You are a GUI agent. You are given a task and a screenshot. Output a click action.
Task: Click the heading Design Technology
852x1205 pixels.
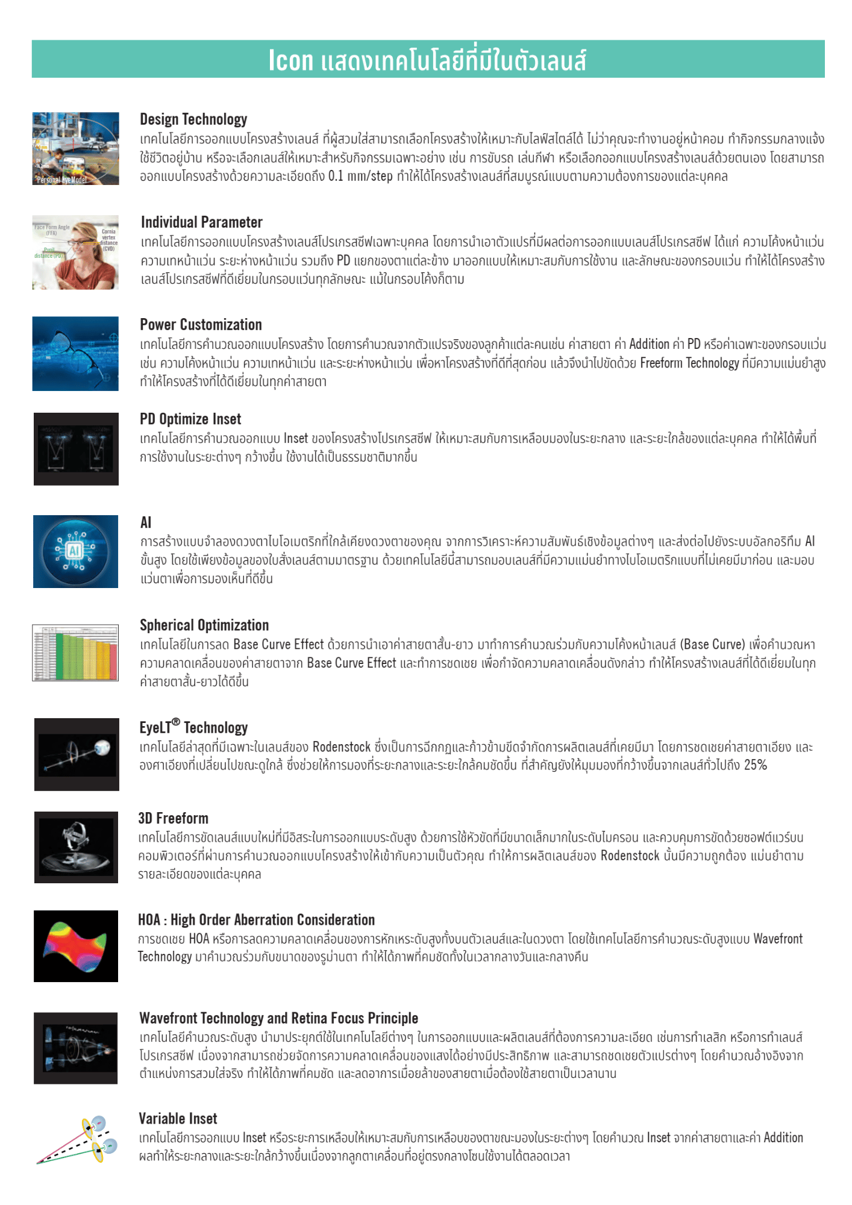click(193, 119)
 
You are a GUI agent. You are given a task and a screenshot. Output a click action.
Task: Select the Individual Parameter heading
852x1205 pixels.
click(202, 222)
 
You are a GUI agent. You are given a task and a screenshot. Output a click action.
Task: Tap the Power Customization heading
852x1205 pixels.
click(201, 325)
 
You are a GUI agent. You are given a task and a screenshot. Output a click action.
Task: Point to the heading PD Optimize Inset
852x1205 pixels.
click(190, 419)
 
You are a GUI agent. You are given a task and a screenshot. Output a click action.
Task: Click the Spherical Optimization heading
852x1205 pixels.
click(204, 625)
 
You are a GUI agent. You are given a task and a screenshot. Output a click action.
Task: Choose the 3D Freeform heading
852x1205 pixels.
click(174, 818)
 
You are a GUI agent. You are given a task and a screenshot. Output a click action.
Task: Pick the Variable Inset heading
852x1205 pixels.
click(178, 1119)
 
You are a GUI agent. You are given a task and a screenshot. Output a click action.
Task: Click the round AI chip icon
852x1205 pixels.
click(75, 551)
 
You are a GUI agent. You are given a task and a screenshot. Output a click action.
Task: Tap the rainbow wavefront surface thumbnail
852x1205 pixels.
click(76, 946)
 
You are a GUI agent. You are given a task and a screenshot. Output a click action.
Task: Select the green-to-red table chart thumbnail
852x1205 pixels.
click(75, 653)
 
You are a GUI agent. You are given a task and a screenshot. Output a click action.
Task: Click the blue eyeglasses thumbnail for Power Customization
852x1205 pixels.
click(75, 354)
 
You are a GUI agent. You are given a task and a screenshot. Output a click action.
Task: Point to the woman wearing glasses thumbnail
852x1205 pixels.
click(75, 252)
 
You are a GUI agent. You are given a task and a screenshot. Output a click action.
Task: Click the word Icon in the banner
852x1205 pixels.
click(291, 60)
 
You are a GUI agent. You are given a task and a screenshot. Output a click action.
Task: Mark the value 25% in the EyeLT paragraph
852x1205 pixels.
click(755, 765)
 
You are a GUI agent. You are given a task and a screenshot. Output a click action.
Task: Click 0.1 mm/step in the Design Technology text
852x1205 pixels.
click(360, 177)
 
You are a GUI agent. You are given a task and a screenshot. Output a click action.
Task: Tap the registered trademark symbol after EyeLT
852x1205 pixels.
click(176, 722)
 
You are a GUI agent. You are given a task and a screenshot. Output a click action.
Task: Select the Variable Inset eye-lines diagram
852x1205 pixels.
click(75, 1140)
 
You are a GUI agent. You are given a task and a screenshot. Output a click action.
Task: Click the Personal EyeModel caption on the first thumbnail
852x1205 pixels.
click(62, 180)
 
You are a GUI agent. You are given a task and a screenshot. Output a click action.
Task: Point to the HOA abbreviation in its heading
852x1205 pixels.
click(149, 920)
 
